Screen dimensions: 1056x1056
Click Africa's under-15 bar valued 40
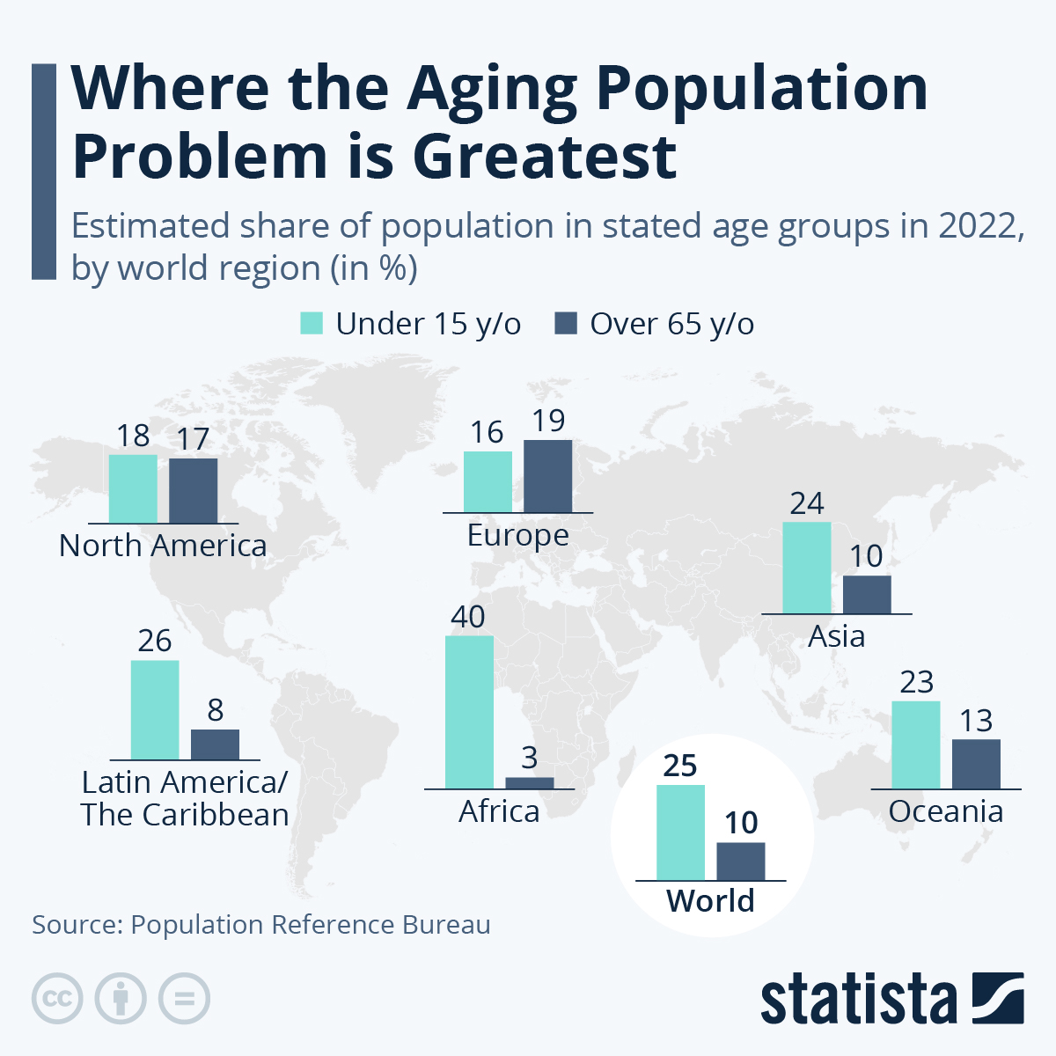[x=469, y=712]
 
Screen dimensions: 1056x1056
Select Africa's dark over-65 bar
[x=530, y=783]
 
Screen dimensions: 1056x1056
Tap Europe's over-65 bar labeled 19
[x=547, y=476]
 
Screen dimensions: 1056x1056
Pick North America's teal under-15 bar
[x=133, y=489]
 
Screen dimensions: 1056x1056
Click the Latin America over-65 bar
[x=215, y=744]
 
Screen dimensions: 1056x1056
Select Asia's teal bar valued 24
[x=806, y=568]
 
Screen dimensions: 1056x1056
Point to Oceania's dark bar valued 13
[x=976, y=764]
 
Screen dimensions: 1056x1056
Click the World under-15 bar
[x=680, y=832]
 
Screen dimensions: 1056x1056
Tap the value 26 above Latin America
[x=155, y=641]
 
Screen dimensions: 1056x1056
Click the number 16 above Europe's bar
[x=487, y=432]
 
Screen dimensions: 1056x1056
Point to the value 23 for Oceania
[x=916, y=682]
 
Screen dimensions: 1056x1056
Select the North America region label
[x=163, y=546]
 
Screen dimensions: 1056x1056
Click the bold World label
[x=710, y=901]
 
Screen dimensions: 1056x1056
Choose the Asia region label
[x=836, y=636]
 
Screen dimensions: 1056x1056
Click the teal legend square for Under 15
[x=312, y=324]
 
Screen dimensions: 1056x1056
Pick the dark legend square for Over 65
[x=566, y=324]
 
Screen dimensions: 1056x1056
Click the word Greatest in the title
[x=545, y=157]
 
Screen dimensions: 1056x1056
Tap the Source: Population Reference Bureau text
[x=261, y=925]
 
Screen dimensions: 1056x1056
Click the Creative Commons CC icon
[x=57, y=999]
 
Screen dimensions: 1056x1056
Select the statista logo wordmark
[x=858, y=1000]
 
